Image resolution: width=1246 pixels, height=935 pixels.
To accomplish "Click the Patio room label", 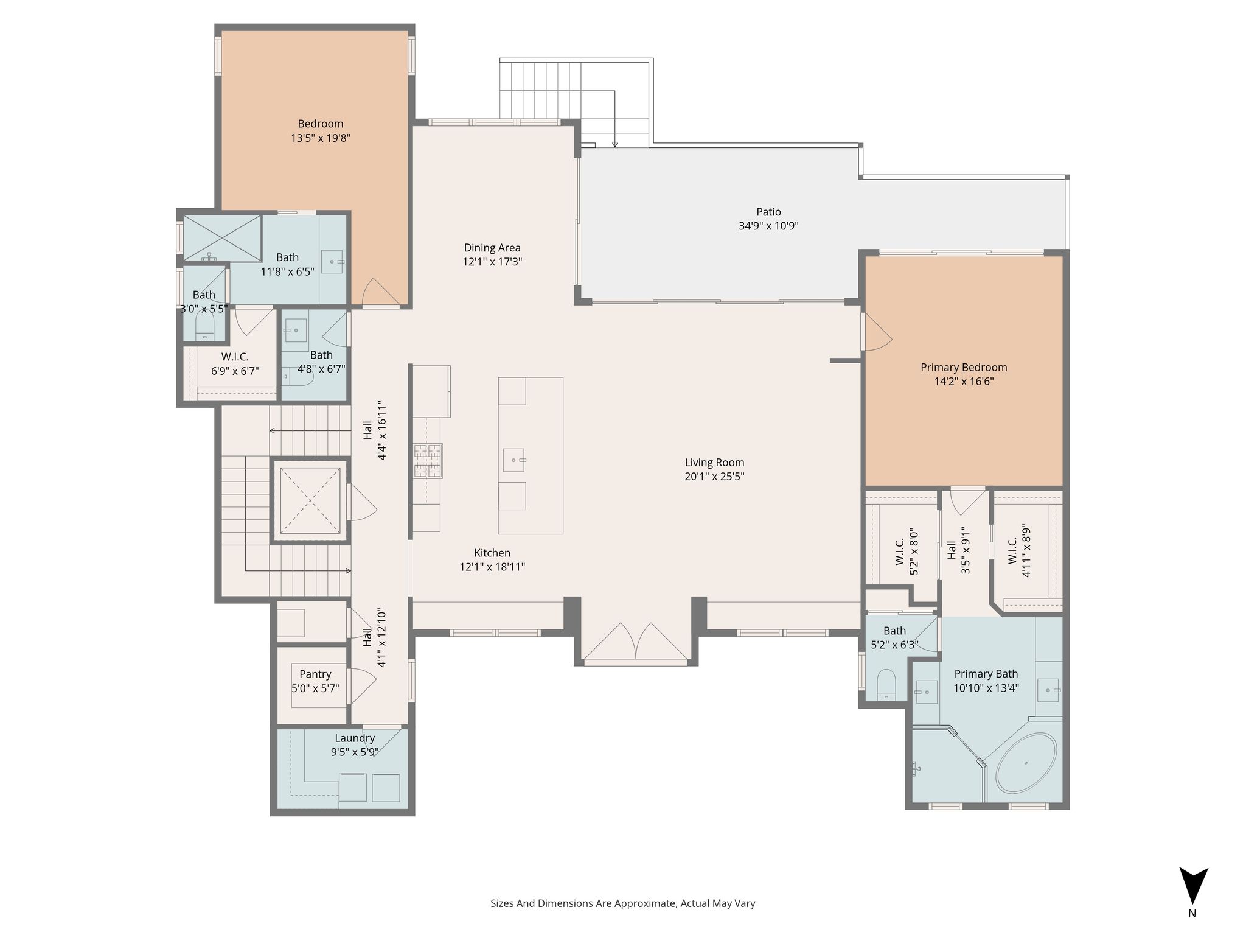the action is (768, 212).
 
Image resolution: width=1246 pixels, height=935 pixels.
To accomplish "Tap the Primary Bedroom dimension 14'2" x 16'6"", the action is (964, 382).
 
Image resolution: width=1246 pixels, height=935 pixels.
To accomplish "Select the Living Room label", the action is (714, 463).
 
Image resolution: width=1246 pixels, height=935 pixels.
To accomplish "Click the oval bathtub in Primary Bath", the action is (1026, 763).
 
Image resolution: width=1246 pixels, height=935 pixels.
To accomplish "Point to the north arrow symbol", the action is (1193, 886).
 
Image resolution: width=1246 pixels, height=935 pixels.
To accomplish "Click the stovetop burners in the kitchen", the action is (428, 461).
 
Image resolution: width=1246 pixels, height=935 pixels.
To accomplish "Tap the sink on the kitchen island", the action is (514, 460).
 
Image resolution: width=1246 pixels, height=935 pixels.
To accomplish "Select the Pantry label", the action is (315, 674).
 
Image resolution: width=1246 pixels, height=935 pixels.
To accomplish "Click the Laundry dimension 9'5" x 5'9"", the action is (355, 752).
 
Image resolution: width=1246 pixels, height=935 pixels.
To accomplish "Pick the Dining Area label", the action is (492, 248).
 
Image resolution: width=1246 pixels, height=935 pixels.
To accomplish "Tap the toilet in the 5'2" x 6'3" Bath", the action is (887, 684).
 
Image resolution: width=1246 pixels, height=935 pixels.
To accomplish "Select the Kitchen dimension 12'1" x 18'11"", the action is (492, 567).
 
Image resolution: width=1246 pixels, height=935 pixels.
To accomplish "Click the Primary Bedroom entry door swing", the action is (877, 332).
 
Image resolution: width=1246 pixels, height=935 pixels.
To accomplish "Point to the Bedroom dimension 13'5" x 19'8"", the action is (321, 138).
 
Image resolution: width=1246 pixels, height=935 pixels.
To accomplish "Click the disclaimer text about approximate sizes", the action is (623, 903).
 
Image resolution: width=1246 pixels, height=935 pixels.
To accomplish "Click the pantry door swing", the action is (363, 687).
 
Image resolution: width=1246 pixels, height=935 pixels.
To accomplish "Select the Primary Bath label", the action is (986, 674).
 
